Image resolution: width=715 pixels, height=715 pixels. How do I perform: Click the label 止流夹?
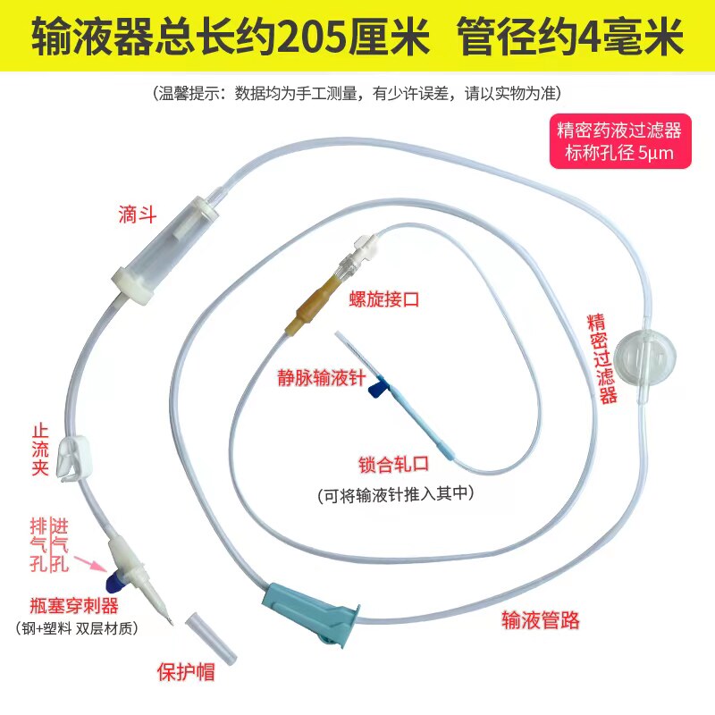[40, 447]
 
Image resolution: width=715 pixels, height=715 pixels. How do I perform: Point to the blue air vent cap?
[114, 582]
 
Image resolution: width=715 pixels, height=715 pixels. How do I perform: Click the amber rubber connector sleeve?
[306, 308]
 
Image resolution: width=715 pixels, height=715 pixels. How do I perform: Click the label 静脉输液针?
[320, 379]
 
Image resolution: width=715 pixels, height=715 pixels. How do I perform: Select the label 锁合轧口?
[394, 465]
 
